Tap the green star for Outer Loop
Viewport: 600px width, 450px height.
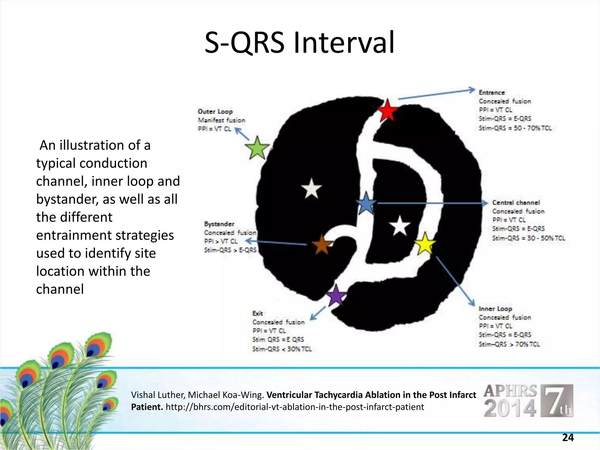pyautogui.click(x=257, y=148)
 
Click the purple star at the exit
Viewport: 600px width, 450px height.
pyautogui.click(x=336, y=295)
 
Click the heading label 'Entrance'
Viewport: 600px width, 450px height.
pyautogui.click(x=492, y=93)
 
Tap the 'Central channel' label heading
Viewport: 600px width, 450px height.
pyautogui.click(x=516, y=202)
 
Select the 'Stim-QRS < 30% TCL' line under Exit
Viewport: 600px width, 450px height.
pyautogui.click(x=282, y=349)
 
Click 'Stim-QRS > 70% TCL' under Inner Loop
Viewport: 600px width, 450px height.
pyautogui.click(x=509, y=344)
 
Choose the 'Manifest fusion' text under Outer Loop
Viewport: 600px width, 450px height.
pyautogui.click(x=221, y=120)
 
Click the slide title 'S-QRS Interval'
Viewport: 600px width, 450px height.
pyautogui.click(x=299, y=43)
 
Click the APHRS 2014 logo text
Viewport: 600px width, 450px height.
pyautogui.click(x=510, y=401)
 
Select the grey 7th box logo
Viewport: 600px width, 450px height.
pyautogui.click(x=557, y=401)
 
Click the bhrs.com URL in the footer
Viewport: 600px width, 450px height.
pyautogui.click(x=295, y=407)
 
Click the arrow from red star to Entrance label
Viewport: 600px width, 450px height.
pyautogui.click(x=437, y=94)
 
